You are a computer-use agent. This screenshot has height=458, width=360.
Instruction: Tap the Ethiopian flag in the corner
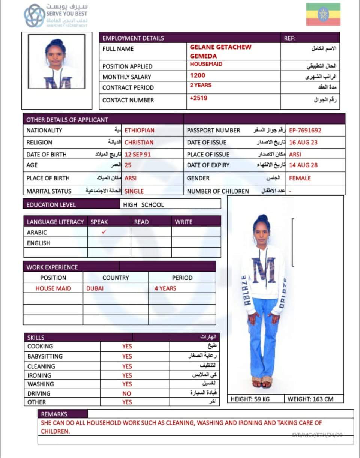323,14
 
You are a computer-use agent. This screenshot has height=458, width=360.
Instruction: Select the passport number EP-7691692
305,131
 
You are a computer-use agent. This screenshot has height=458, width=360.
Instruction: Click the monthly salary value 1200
198,75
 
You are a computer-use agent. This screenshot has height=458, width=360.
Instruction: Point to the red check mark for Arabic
104,232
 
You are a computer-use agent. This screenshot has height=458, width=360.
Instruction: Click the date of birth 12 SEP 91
138,155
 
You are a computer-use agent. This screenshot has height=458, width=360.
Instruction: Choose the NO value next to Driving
127,393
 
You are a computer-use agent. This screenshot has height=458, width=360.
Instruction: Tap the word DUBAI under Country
95,288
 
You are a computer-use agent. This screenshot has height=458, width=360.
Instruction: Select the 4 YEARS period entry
165,288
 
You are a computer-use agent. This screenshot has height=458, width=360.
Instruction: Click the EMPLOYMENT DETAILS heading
133,38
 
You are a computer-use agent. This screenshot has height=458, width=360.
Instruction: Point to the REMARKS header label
54,414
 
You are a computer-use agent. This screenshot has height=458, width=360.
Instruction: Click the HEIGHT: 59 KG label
250,399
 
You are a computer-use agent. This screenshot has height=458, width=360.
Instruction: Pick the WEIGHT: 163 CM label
310,399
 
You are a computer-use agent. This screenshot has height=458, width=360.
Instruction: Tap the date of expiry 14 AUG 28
303,165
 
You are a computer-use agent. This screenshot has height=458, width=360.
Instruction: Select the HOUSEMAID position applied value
206,64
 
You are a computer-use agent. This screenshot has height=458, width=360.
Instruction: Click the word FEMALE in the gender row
300,178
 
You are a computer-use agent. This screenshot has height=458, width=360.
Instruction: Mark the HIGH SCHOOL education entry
143,205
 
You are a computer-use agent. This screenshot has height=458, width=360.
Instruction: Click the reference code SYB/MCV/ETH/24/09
317,435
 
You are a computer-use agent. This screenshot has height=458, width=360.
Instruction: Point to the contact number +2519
199,98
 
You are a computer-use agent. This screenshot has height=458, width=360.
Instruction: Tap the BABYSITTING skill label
45,356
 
